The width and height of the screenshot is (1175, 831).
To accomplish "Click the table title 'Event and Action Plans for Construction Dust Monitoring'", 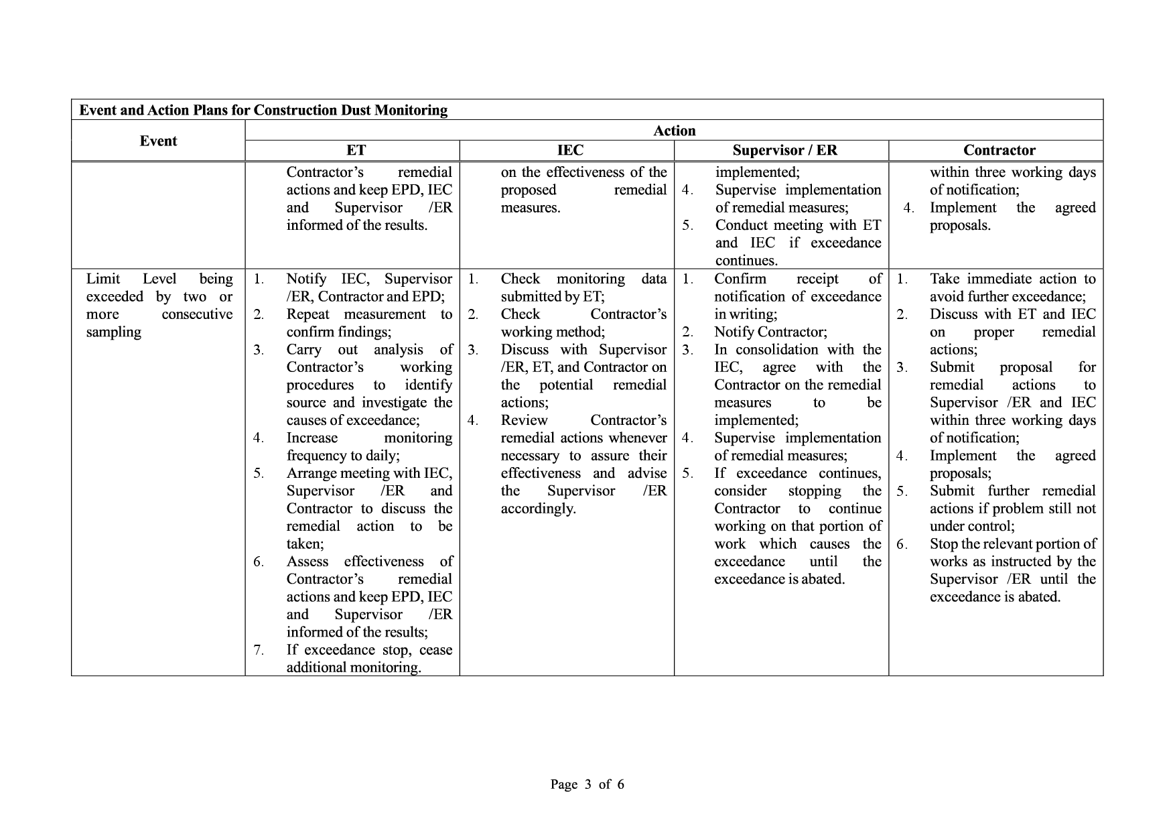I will coord(263,110).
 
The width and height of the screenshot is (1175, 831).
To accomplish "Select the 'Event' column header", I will coord(158,141).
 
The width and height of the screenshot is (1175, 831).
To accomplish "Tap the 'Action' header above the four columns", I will coord(674,131).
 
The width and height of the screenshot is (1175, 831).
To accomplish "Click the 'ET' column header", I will coord(356,150).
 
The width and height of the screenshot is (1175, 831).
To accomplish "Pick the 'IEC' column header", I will coord(570,150).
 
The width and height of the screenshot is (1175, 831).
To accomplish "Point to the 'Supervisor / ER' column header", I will coord(784,150).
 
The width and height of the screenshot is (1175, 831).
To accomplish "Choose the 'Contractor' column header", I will coord(999,150).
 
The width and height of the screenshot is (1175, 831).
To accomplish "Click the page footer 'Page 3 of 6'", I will coord(587,784).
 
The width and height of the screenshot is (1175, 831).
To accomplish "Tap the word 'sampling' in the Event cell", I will coord(114,332).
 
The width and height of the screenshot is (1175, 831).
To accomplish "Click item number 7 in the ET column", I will coord(259,650).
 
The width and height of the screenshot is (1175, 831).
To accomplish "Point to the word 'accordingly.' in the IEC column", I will coord(538,509).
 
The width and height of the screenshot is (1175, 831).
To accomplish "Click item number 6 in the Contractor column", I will coord(902,544).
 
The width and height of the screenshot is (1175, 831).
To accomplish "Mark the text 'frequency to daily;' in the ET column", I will coord(343,456).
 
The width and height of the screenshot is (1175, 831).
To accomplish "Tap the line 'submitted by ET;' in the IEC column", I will coord(553,296).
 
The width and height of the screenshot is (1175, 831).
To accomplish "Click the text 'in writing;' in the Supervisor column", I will coord(746,314).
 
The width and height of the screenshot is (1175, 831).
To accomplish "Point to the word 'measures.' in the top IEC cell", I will coord(531,208).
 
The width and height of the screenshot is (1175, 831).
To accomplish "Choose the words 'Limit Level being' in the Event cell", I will coord(159,279).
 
